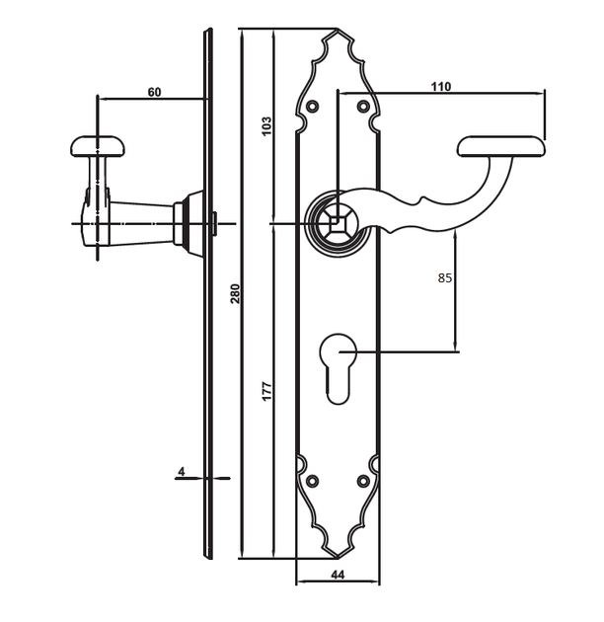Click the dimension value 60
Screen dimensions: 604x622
pos(154,92)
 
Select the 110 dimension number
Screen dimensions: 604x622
pos(441,86)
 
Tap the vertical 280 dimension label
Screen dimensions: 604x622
pos(235,293)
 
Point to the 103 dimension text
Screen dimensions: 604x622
pos(266,125)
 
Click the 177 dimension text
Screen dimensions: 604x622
pos(266,391)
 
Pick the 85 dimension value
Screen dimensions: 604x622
pos(444,278)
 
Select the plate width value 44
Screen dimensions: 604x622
pos(338,575)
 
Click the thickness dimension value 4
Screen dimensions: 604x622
pos(182,472)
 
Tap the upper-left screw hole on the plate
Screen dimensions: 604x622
pos(313,106)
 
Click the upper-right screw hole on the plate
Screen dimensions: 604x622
pos(363,106)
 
